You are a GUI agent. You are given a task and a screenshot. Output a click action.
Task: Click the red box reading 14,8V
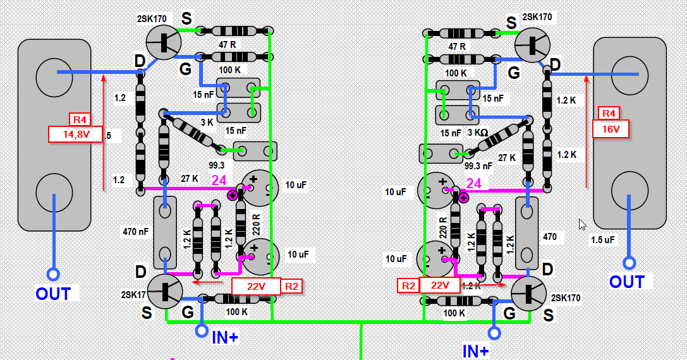(76, 134)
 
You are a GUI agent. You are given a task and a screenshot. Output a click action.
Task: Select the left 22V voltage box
(256, 286)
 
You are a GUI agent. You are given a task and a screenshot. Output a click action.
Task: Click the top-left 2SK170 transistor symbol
(164, 42)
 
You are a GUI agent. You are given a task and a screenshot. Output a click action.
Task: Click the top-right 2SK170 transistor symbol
(532, 46)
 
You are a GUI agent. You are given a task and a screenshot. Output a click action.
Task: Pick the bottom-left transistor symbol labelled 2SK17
(165, 291)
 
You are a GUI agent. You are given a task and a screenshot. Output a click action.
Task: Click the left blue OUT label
(54, 294)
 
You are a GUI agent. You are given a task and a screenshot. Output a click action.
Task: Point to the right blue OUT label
(626, 282)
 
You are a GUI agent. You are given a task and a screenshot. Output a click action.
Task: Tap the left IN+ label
(224, 337)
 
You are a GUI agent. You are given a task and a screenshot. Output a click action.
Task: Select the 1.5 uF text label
(602, 240)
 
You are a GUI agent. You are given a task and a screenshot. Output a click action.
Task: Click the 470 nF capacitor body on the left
(166, 232)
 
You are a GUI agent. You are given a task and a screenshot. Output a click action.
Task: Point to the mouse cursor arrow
(583, 224)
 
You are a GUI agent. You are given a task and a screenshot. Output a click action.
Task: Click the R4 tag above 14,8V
(81, 119)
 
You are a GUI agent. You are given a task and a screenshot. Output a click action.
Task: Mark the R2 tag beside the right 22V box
(408, 285)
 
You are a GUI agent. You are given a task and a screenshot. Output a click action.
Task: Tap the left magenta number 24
(219, 181)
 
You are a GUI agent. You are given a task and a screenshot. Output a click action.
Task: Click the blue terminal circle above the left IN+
(202, 330)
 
